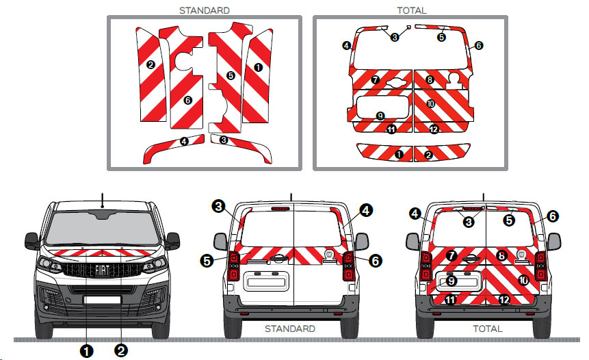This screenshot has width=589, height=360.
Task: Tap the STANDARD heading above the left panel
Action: pos(204,10)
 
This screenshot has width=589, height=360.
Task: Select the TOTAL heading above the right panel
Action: pos(411,10)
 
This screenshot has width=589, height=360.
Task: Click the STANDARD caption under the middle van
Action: pos(289,329)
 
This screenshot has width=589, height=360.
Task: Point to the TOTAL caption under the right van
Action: pos(487,329)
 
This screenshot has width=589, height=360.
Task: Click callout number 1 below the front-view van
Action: pos(87,351)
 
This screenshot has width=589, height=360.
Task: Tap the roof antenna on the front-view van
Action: pos(103,199)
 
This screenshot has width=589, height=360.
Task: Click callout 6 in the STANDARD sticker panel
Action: pos(187,100)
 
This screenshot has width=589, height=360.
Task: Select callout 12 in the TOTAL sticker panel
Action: pos(434,129)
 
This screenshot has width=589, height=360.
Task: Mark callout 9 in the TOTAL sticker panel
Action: pos(380,116)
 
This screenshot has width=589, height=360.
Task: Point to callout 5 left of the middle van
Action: pos(207,260)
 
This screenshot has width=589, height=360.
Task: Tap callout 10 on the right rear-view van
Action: pos(523,280)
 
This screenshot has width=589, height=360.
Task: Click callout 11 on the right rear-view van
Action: pos(449,300)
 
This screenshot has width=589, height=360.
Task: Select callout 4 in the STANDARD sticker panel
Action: pos(184,141)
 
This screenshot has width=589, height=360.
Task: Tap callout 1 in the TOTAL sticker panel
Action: pos(398,155)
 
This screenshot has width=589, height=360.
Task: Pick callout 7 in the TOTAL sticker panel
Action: pos(375,80)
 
